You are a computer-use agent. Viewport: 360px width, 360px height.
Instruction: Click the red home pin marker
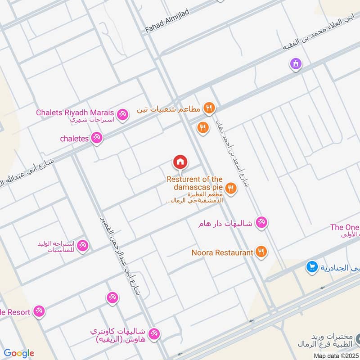pos(180,162)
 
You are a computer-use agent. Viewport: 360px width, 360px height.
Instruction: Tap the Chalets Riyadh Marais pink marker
pos(122,116)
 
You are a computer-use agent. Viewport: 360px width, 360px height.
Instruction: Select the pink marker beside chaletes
pos(96,138)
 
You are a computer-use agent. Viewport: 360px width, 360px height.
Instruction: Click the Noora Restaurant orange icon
pos(261,252)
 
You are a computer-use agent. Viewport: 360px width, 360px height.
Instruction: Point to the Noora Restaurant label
pos(222,253)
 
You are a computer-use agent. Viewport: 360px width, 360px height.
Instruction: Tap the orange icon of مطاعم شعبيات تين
pos(208,108)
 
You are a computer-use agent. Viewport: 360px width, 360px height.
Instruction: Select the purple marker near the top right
pos(296,64)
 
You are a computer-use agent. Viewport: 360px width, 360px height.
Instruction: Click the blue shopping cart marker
pos(311,267)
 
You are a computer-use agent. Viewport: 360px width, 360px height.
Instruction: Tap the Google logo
pos(19,353)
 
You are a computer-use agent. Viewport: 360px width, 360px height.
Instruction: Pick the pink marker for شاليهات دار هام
pos(261,222)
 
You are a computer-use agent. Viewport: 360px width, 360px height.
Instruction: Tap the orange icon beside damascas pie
pos(231,189)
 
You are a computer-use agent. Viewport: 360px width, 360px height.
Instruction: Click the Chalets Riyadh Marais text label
pos(75,112)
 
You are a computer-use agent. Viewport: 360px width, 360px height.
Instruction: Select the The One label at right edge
pos(344,227)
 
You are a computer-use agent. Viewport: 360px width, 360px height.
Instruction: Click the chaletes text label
pos(74,139)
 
